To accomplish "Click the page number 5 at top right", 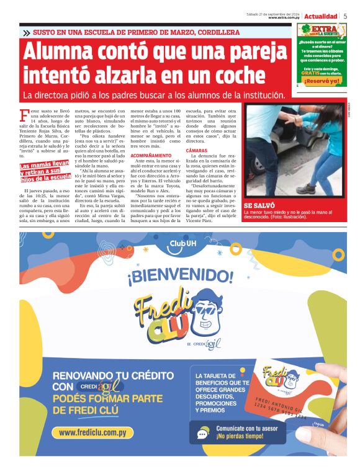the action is click(x=345, y=16).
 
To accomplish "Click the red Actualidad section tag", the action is click(x=321, y=16).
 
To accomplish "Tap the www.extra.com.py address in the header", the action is click(x=284, y=18).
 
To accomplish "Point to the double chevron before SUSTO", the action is click(x=26, y=32).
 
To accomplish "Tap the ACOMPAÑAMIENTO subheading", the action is click(x=151, y=154).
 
